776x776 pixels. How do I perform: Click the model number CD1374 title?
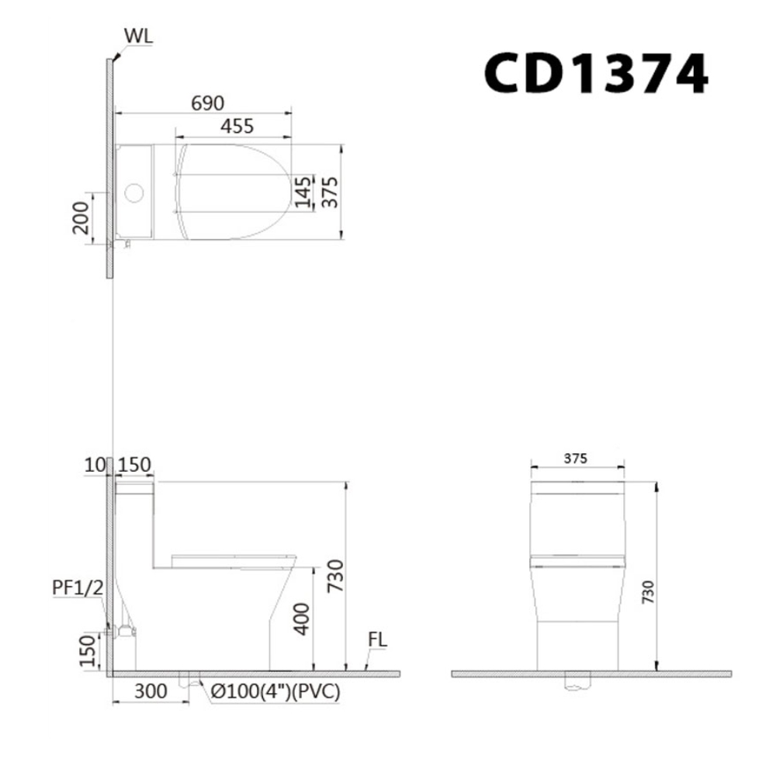596,74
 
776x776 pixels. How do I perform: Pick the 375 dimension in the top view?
330,190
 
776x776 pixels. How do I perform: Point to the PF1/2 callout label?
78,587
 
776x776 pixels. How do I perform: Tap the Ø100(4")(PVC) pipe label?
274,691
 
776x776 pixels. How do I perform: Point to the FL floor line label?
378,641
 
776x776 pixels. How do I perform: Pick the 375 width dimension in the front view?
577,458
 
